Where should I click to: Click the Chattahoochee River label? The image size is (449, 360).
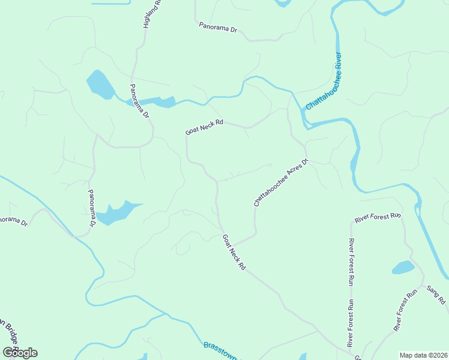pyautogui.click(x=324, y=82)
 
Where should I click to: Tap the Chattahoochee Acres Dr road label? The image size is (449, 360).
pyautogui.click(x=280, y=182)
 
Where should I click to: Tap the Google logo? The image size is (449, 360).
pyautogui.click(x=20, y=352)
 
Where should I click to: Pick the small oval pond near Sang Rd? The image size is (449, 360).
pyautogui.click(x=403, y=267)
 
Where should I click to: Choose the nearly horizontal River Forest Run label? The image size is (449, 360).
pyautogui.click(x=377, y=217)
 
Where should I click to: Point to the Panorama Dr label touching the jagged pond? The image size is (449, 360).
pyautogui.click(x=92, y=207)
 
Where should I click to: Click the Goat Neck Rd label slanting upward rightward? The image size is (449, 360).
pyautogui.click(x=204, y=127)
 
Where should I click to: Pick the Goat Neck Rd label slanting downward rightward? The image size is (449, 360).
pyautogui.click(x=234, y=251)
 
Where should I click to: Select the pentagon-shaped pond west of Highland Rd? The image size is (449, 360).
pyautogui.click(x=100, y=84)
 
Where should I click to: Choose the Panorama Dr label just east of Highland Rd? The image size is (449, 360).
pyautogui.click(x=218, y=28)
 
